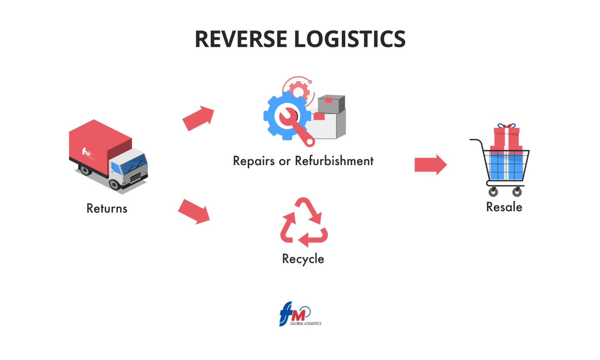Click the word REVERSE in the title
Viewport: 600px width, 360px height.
pyautogui.click(x=241, y=39)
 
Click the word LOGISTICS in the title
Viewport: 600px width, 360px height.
pyautogui.click(x=350, y=39)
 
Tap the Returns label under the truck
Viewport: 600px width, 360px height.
pyautogui.click(x=107, y=209)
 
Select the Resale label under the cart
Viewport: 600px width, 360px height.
pyautogui.click(x=504, y=207)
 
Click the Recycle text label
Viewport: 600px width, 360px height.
pyautogui.click(x=303, y=259)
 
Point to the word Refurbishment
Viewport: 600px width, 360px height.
pyautogui.click(x=334, y=161)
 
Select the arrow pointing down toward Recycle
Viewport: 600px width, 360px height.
pyautogui.click(x=194, y=211)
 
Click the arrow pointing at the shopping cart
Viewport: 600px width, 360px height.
pyautogui.click(x=430, y=164)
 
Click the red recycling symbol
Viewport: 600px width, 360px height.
pyautogui.click(x=304, y=222)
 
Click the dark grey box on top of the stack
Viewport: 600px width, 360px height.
pyautogui.click(x=331, y=103)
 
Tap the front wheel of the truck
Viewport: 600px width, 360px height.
pyautogui.click(x=115, y=184)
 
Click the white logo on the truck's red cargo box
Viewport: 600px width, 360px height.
pyautogui.click(x=86, y=152)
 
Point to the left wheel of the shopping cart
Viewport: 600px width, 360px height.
pyautogui.click(x=493, y=192)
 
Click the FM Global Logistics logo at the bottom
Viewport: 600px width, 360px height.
pyautogui.click(x=300, y=314)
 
